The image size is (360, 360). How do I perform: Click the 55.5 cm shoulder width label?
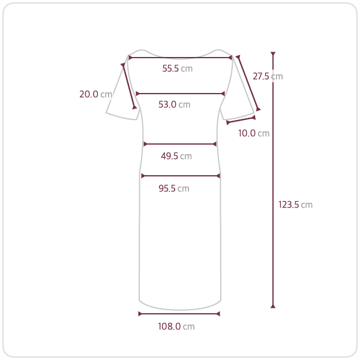tap(177, 68)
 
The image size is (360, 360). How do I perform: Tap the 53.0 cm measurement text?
tap(174, 104)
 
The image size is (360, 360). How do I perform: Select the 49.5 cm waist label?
tap(176, 156)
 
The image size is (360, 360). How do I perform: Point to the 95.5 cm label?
tap(174, 188)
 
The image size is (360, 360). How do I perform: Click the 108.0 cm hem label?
tap(176, 326)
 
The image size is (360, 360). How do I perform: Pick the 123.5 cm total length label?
tap(295, 205)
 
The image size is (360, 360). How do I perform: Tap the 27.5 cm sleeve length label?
tap(268, 76)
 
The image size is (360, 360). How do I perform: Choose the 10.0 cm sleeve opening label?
tap(254, 133)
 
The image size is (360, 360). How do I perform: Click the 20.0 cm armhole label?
tap(96, 94)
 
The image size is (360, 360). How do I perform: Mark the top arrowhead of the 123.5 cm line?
tap(273, 54)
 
